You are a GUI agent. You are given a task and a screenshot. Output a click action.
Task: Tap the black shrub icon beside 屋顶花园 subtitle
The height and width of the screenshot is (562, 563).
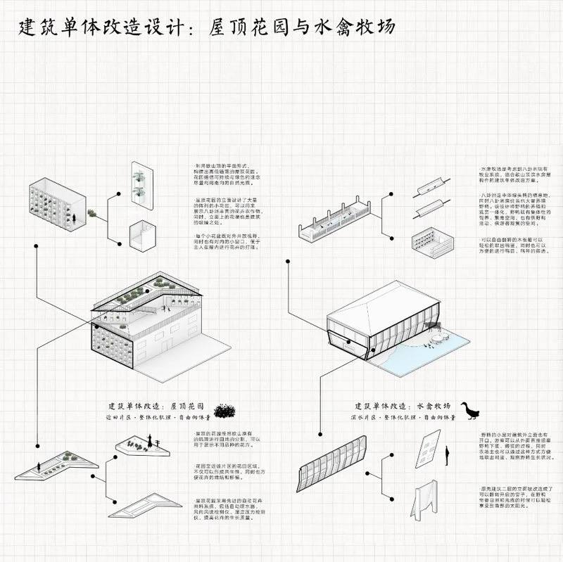coord(224,410)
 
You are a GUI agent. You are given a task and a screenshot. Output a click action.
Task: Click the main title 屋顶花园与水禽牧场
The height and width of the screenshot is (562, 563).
coord(302,27)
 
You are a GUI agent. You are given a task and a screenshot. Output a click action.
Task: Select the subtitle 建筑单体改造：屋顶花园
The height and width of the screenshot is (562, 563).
coord(156,407)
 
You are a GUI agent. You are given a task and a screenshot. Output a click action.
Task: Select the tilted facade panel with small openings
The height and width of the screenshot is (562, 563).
coord(429,448)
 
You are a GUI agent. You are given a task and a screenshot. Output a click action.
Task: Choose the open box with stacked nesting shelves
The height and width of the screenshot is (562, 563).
coord(429,240)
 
